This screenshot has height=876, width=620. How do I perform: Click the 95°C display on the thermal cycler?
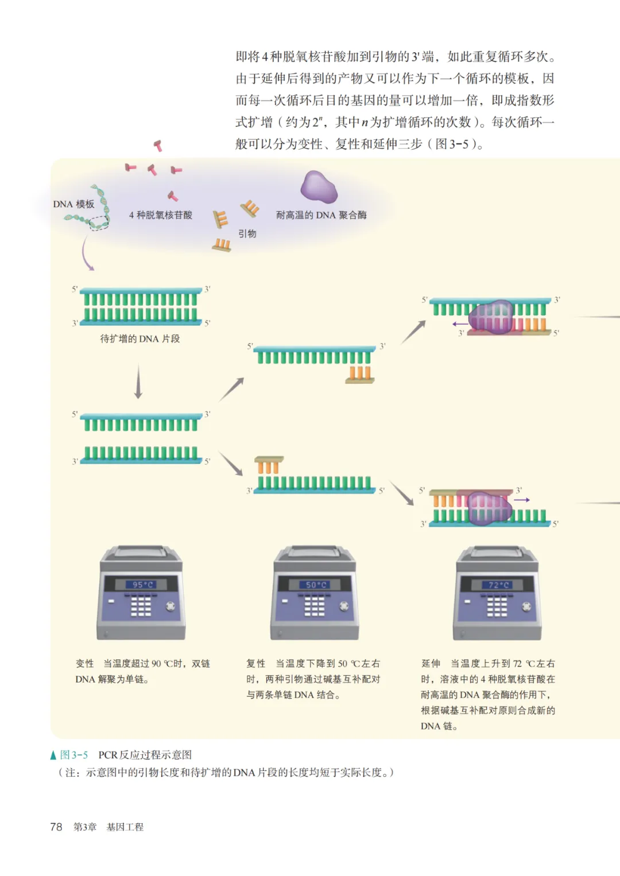pos(142,585)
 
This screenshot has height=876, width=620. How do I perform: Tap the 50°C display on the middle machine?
pos(315,585)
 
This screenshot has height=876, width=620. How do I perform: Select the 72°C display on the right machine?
pos(498,585)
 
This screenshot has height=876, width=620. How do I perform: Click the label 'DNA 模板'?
pos(73,204)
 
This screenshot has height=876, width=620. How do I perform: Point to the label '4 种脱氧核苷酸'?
pos(161,215)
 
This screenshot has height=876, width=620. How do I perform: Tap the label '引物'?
pos(247,233)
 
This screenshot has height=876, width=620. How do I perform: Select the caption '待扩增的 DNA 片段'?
pos(140,338)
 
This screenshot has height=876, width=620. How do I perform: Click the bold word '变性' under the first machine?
pos(84,663)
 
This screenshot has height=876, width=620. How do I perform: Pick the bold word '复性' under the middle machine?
pos(256,663)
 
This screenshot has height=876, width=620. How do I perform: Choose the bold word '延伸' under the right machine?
pos(431,663)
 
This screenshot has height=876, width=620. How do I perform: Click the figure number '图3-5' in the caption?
pos(74,755)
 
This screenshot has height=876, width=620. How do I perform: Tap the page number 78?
pos(56,827)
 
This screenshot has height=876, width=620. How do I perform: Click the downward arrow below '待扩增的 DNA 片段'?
pos(138,381)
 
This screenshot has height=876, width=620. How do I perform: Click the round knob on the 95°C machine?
pos(170,606)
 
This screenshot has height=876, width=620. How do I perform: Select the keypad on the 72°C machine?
pos(497,606)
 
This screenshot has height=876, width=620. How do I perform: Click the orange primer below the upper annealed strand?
pos(360,375)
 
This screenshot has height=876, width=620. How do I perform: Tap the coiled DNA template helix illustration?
pos(95,210)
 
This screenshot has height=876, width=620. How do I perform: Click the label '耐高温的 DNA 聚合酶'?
pos(321,215)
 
